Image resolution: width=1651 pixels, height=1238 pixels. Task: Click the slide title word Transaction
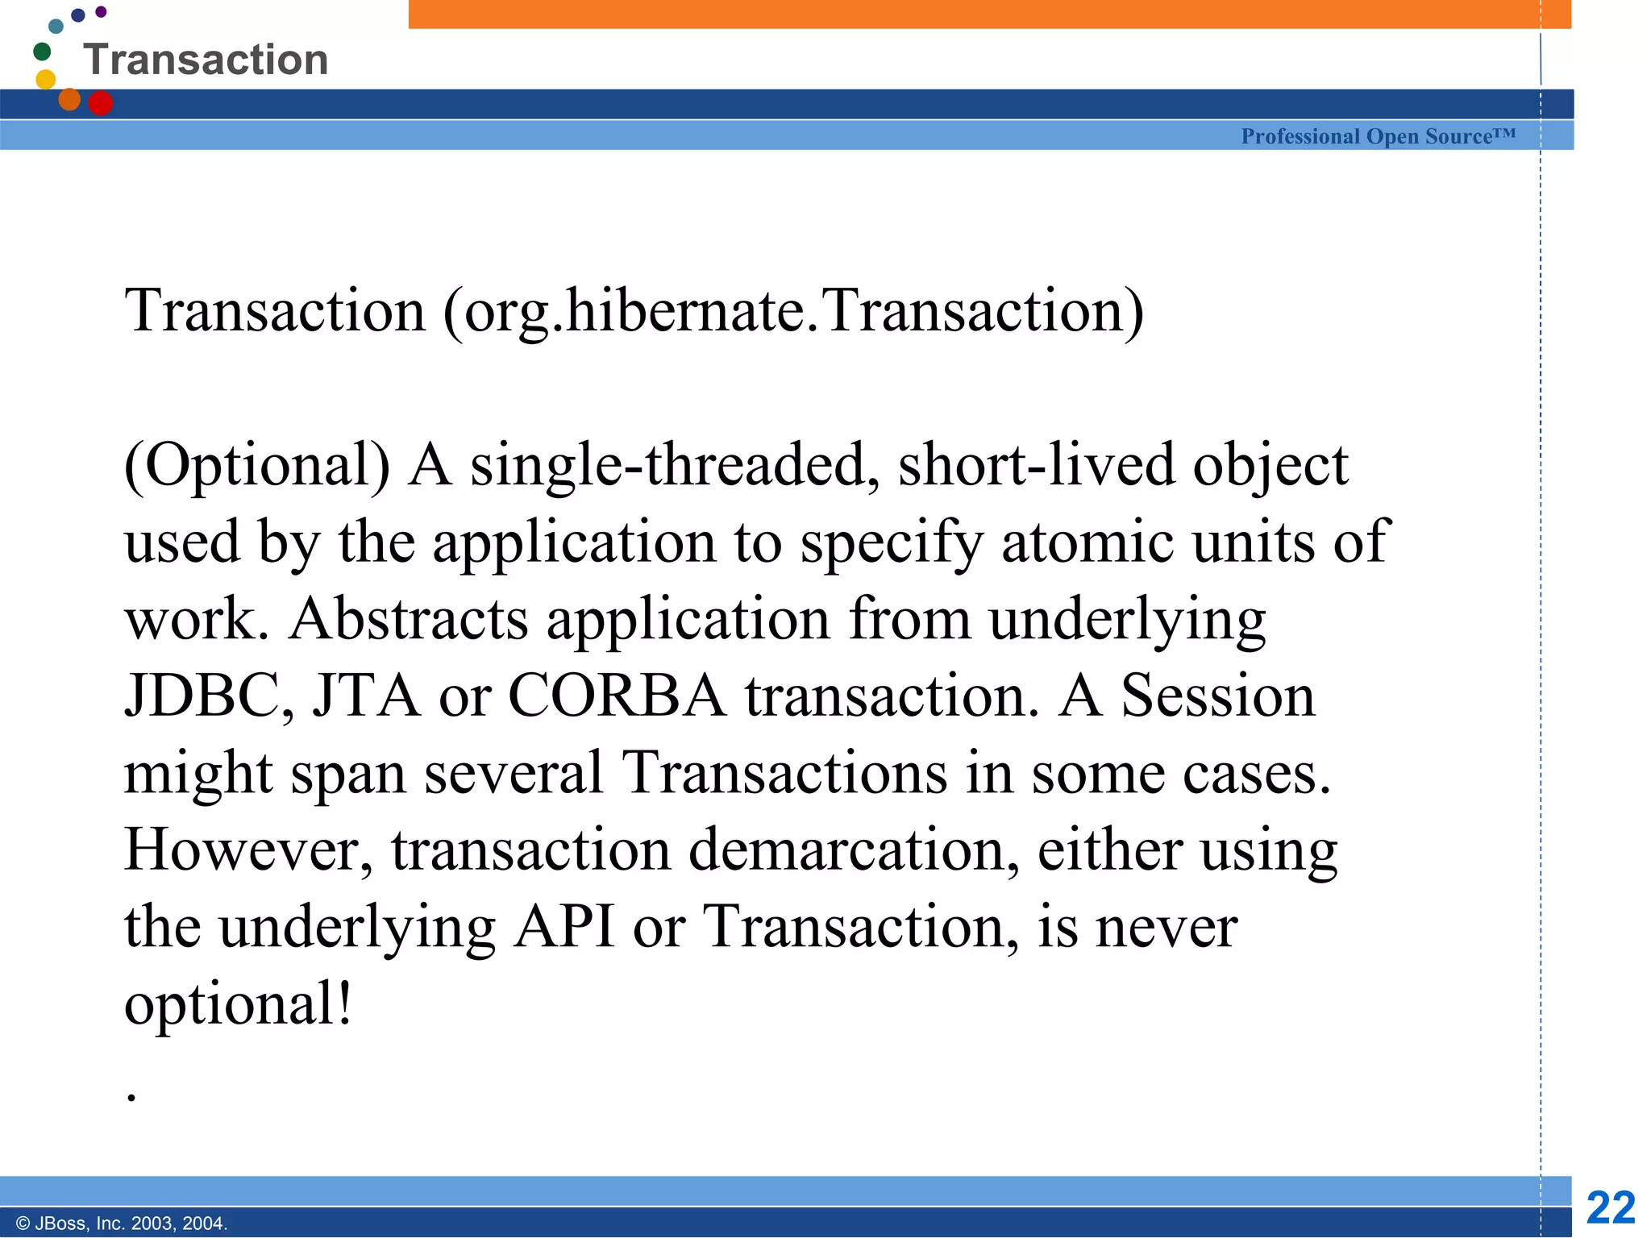tap(206, 60)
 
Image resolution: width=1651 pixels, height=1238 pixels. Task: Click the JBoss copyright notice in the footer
tap(122, 1223)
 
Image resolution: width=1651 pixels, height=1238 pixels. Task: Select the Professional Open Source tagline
tap(1378, 136)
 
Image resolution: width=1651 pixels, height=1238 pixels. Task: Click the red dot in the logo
tap(100, 103)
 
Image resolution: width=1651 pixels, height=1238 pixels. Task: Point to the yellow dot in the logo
tap(46, 79)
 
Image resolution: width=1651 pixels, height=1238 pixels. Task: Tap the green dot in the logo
tap(42, 52)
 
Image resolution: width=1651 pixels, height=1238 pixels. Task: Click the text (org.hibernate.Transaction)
tap(793, 311)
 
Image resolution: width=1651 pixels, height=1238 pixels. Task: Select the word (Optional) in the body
tap(257, 466)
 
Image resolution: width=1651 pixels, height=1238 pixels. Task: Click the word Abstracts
tap(408, 619)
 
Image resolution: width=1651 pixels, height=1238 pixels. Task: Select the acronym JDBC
tap(209, 696)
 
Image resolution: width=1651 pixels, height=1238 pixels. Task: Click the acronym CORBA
tap(617, 696)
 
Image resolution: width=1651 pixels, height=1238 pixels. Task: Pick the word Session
tap(1217, 696)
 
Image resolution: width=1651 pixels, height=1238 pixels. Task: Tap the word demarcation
tap(854, 850)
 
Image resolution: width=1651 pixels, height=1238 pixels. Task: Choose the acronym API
tap(564, 927)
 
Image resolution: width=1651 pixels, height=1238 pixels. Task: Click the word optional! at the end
tap(239, 1005)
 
